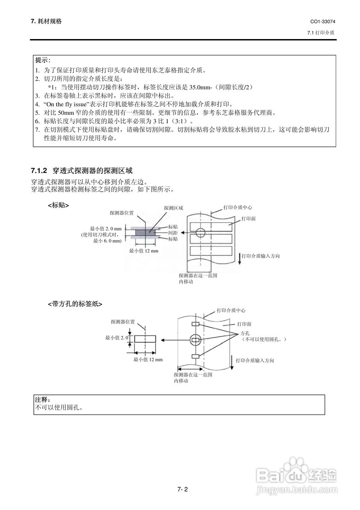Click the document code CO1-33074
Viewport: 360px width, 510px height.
tap(323, 22)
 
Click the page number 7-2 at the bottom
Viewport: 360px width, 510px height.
tap(182, 489)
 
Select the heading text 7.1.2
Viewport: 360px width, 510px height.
tap(39, 171)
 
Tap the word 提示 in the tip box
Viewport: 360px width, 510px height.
tap(43, 60)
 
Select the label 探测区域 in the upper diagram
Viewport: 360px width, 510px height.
tap(173, 208)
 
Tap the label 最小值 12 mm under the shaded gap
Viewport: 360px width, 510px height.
tap(144, 251)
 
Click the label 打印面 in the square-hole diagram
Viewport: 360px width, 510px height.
tap(244, 324)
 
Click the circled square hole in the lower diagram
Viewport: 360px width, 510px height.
tap(195, 339)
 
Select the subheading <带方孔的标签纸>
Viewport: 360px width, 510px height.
tap(75, 304)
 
